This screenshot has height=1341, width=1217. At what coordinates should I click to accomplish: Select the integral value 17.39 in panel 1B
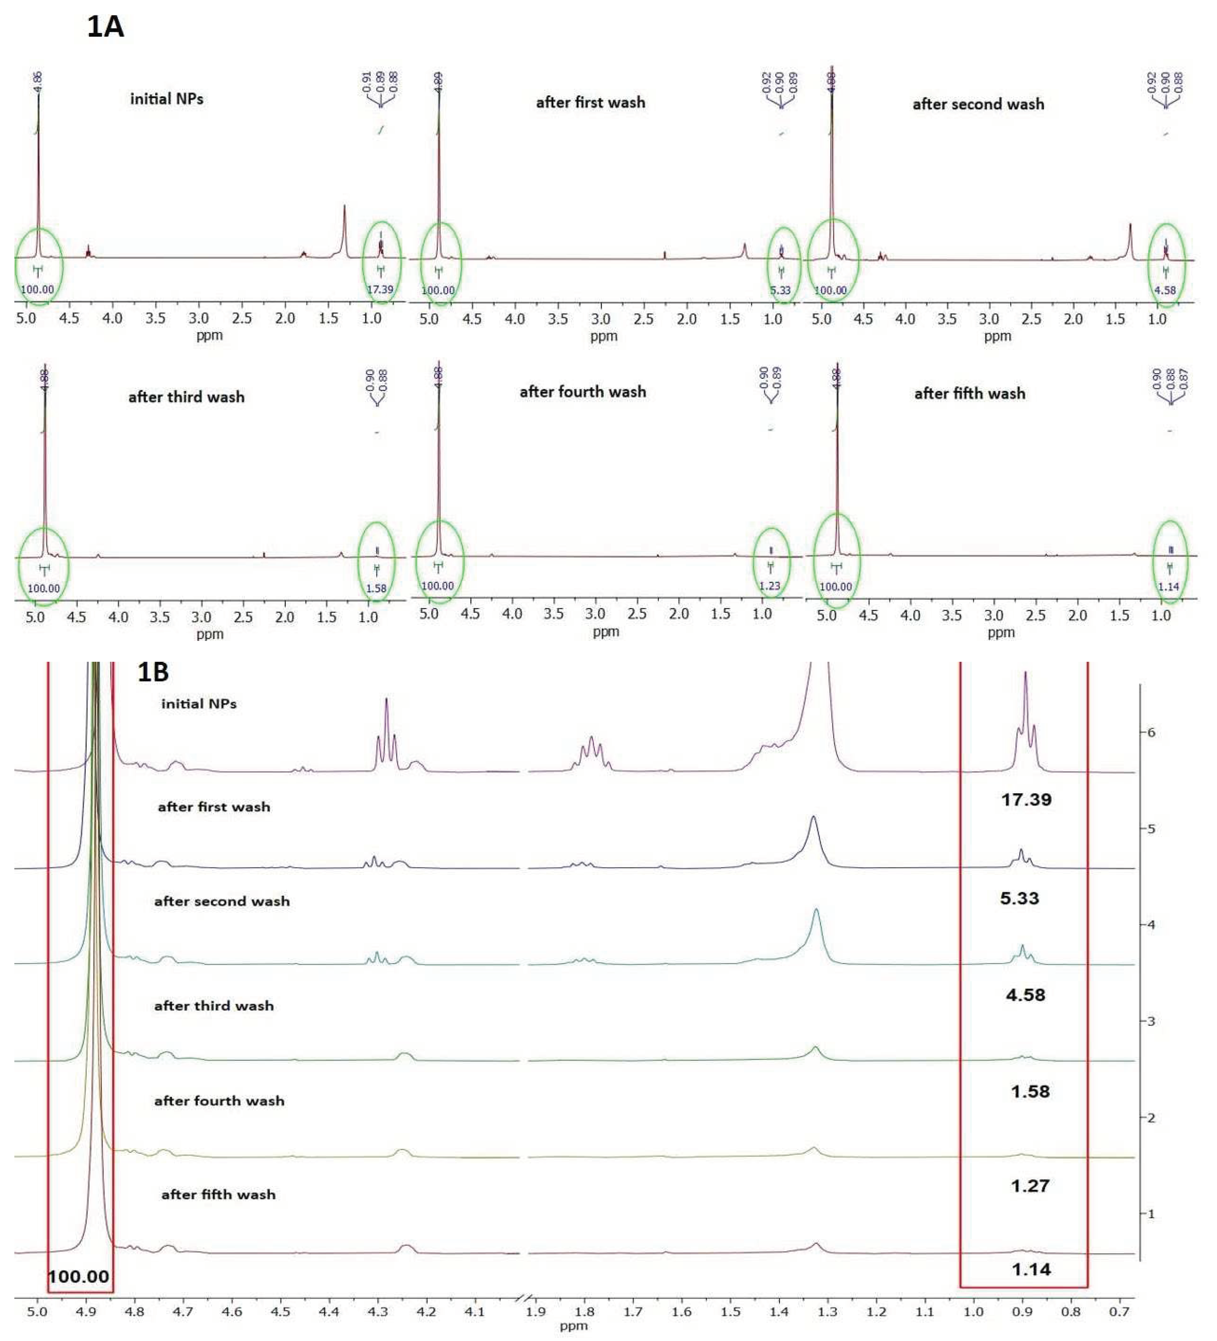click(x=1026, y=799)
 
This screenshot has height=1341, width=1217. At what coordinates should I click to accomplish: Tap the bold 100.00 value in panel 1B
click(x=79, y=1277)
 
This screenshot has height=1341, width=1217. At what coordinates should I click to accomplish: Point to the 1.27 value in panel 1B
click(x=1029, y=1186)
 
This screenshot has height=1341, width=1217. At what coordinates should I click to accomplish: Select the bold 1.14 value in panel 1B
click(x=1031, y=1270)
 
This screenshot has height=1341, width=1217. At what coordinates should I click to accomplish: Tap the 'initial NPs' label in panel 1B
click(x=199, y=704)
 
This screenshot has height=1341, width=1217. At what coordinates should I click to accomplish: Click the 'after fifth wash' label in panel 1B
click(x=218, y=1195)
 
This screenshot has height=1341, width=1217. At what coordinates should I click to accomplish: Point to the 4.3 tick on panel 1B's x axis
click(x=377, y=1312)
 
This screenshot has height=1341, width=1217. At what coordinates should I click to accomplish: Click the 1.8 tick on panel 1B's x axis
click(x=584, y=1312)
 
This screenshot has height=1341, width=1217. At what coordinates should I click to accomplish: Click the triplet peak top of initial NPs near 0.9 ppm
click(x=1025, y=673)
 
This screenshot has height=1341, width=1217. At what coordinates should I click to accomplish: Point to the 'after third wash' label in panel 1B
click(x=214, y=1006)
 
